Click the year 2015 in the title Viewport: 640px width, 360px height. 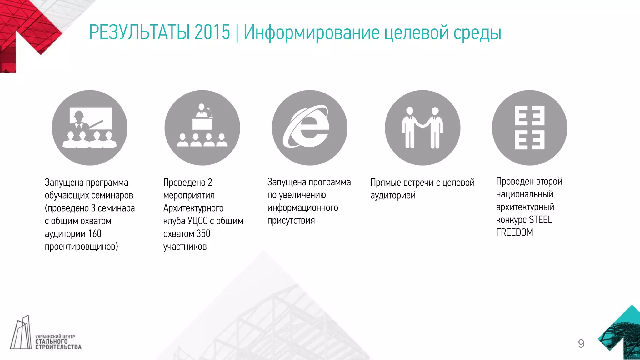212,32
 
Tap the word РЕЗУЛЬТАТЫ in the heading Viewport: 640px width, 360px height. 139,32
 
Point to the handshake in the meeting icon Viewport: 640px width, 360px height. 422,125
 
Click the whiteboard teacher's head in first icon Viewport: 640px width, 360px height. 78,116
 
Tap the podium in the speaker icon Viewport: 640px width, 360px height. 202,124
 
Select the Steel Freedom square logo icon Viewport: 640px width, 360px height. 529,127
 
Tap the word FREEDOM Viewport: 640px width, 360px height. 514,232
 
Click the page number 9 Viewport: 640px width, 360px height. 581,344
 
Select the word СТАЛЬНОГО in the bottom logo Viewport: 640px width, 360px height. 51,342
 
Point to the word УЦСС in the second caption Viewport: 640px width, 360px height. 197,221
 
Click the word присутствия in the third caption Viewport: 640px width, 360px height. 291,221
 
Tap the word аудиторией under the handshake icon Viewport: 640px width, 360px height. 393,196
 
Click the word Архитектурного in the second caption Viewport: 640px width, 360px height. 193,208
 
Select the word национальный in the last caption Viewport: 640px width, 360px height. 524,194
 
